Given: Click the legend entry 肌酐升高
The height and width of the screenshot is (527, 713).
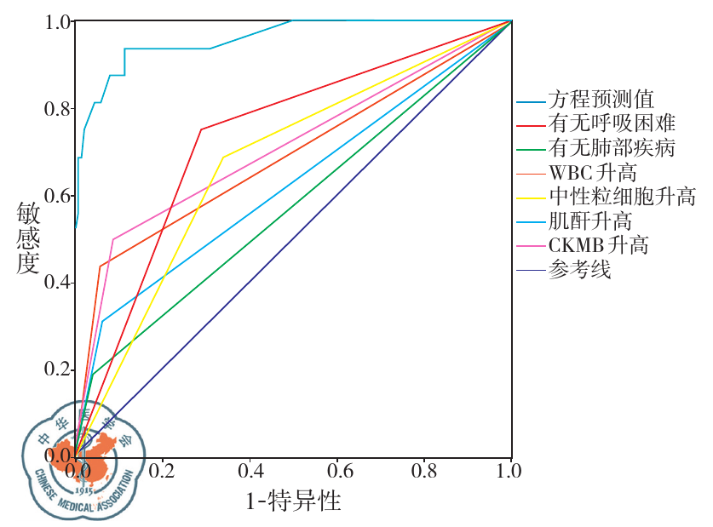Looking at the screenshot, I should point(589,222).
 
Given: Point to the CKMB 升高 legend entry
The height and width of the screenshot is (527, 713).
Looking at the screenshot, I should point(598,246).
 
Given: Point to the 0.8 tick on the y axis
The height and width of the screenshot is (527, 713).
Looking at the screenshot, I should point(56,109).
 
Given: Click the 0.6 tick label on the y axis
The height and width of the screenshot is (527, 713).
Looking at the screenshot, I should point(56,196).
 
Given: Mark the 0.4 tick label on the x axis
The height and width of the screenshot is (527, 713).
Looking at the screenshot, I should point(250,471).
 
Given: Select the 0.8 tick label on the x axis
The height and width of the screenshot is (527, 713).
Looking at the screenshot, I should point(424,471).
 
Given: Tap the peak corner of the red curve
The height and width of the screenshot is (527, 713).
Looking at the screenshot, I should point(201,129).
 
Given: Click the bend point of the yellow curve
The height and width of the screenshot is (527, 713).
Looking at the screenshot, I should point(223,157).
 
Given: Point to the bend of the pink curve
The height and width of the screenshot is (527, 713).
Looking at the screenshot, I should point(112,239).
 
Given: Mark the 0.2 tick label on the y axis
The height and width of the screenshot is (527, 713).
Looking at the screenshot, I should point(56,369).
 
